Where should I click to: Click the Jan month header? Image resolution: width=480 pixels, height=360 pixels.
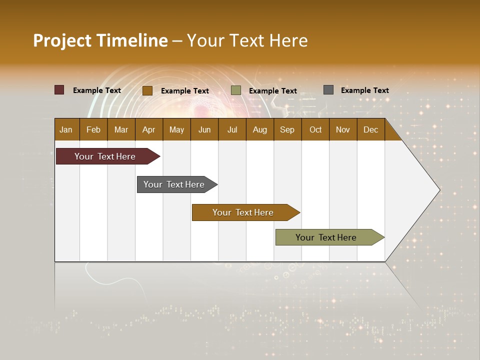(x=66, y=129)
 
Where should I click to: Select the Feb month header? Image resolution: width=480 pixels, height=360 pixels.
(x=93, y=129)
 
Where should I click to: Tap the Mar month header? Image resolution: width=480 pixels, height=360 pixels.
(x=121, y=129)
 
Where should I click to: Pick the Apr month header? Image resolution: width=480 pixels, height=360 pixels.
(x=149, y=129)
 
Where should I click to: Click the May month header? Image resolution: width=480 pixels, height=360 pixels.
(x=176, y=129)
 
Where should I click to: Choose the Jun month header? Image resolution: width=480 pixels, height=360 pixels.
(x=204, y=129)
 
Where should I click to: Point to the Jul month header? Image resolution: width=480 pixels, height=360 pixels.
(x=232, y=129)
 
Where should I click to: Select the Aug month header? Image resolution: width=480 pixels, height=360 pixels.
(x=260, y=129)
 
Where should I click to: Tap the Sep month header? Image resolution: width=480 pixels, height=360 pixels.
(x=287, y=129)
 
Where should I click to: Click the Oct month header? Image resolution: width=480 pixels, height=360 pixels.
(x=315, y=129)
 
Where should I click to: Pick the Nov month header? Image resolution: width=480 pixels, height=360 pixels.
(x=343, y=129)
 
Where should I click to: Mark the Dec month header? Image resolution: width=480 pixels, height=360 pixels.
(x=371, y=129)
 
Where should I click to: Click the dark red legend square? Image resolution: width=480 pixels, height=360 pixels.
(x=59, y=90)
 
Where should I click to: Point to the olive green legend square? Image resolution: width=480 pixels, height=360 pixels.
(x=236, y=90)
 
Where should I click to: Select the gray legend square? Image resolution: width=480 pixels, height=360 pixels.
(x=328, y=90)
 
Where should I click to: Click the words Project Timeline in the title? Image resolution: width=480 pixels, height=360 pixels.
(x=100, y=40)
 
